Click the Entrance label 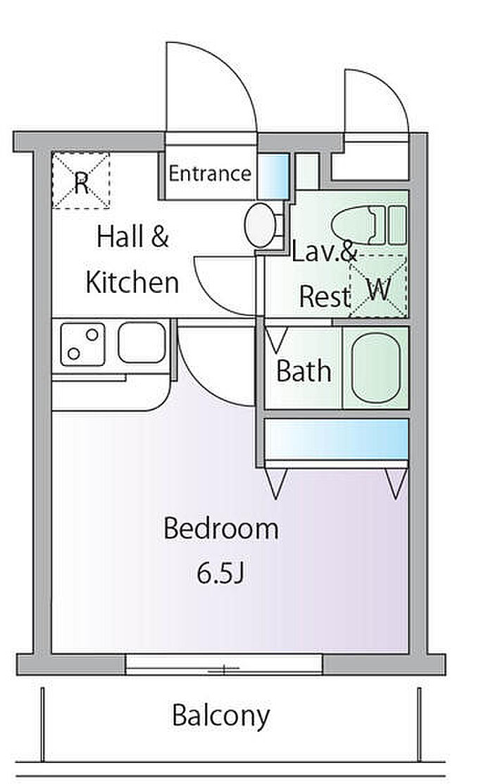point(210,174)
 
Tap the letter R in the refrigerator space point(81,183)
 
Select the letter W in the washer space point(378,289)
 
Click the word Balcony point(220,716)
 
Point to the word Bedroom point(220,529)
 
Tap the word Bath point(304,371)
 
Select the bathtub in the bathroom point(376,367)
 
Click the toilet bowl point(354,225)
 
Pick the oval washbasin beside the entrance point(260,225)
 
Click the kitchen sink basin point(142,343)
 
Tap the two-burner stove point(83,344)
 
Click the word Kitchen point(132,282)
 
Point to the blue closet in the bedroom point(337,439)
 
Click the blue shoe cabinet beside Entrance point(273,177)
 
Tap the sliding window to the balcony point(224,664)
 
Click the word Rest point(325,296)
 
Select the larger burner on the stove point(92,334)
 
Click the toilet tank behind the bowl point(392,225)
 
